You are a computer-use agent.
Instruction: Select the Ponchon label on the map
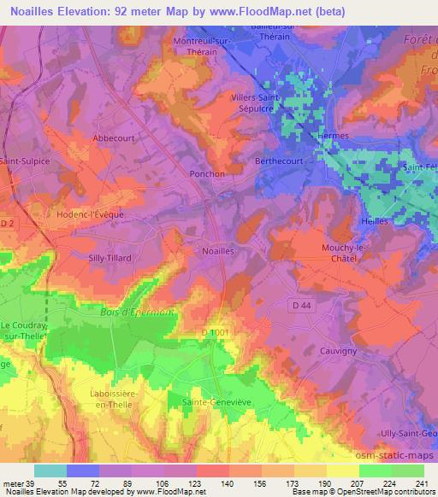coord(206,173)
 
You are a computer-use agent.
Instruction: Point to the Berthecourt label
coord(281,160)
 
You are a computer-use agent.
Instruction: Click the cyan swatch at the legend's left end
coord(50,471)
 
